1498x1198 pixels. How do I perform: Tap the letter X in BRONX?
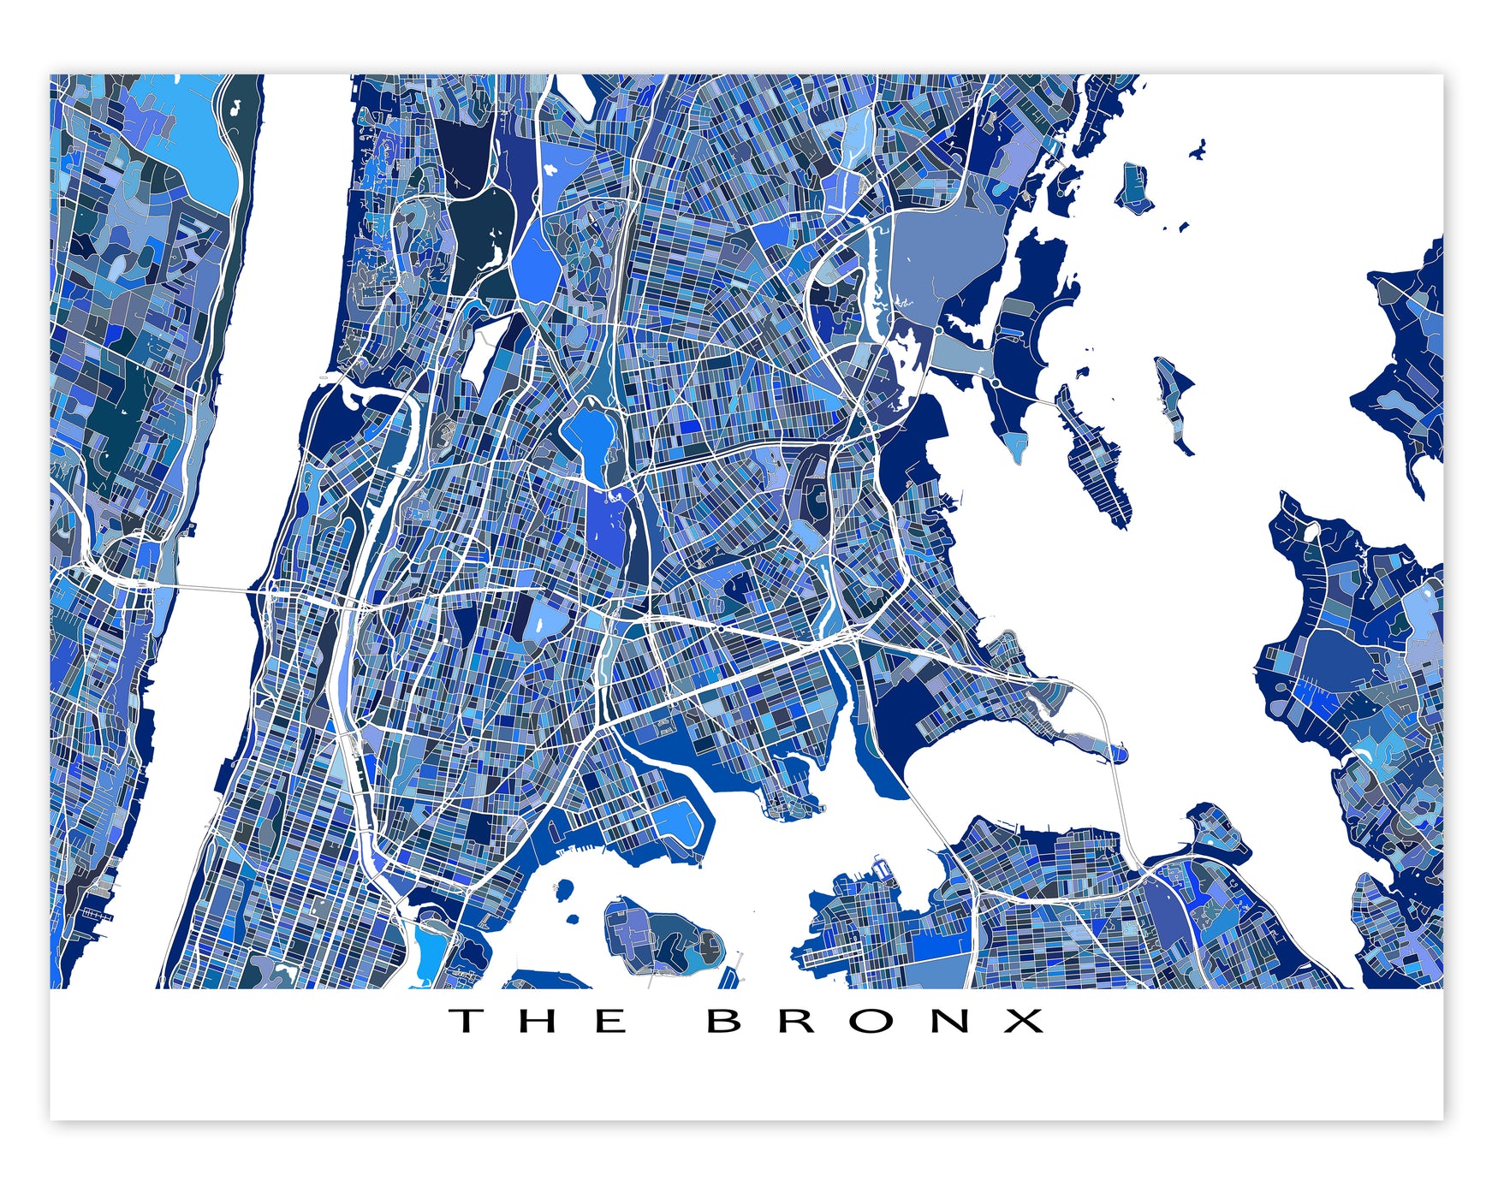1024,1020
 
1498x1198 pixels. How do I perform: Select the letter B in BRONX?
724,1020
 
